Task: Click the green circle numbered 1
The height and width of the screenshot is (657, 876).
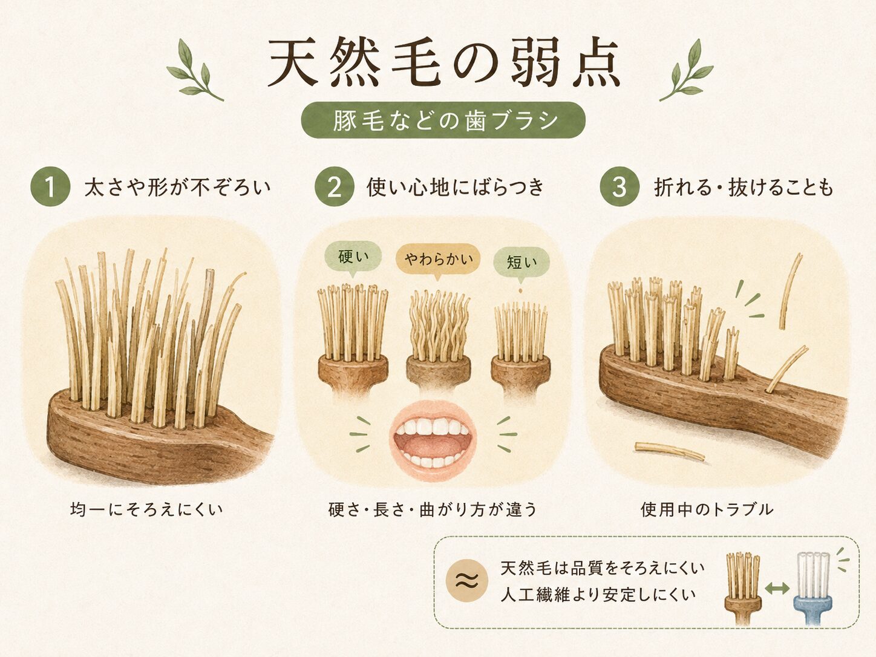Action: click(50, 186)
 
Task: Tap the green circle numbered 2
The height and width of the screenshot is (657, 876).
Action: click(335, 186)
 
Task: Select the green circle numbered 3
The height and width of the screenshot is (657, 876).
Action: click(619, 186)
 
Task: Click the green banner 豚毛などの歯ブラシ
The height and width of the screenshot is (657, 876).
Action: click(443, 120)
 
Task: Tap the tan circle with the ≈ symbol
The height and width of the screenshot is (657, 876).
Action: click(466, 580)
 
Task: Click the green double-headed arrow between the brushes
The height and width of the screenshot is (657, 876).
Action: click(777, 588)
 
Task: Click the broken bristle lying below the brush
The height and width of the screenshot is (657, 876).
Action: click(670, 451)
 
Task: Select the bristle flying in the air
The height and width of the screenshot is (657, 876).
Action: click(790, 290)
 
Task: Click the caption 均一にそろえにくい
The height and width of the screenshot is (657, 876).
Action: click(146, 509)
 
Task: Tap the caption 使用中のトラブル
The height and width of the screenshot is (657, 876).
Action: click(707, 509)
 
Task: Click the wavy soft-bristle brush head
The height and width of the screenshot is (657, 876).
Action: click(438, 339)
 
